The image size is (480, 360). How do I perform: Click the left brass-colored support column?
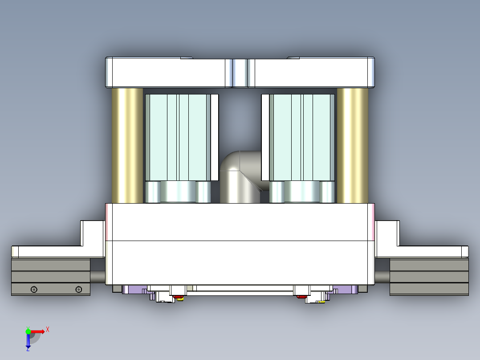point(127,145)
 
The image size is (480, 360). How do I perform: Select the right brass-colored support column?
point(352,145)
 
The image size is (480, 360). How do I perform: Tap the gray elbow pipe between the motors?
point(236,178)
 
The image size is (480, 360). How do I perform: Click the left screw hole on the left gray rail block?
point(34,290)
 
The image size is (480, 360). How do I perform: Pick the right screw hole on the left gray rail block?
point(79,290)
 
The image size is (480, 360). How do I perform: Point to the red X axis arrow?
point(38,331)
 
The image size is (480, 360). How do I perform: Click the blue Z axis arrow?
point(28,341)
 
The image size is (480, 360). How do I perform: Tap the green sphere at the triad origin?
point(28,331)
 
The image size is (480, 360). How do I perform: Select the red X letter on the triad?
point(48,329)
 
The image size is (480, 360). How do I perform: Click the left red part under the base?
point(179,296)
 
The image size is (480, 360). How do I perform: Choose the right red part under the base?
point(301,296)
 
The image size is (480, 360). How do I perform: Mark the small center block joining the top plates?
point(240,73)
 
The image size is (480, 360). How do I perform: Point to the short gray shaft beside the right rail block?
point(382,277)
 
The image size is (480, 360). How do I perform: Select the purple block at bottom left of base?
point(134,290)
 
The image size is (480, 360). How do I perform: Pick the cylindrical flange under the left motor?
point(178,192)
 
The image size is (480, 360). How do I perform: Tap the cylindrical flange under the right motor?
point(302,192)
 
